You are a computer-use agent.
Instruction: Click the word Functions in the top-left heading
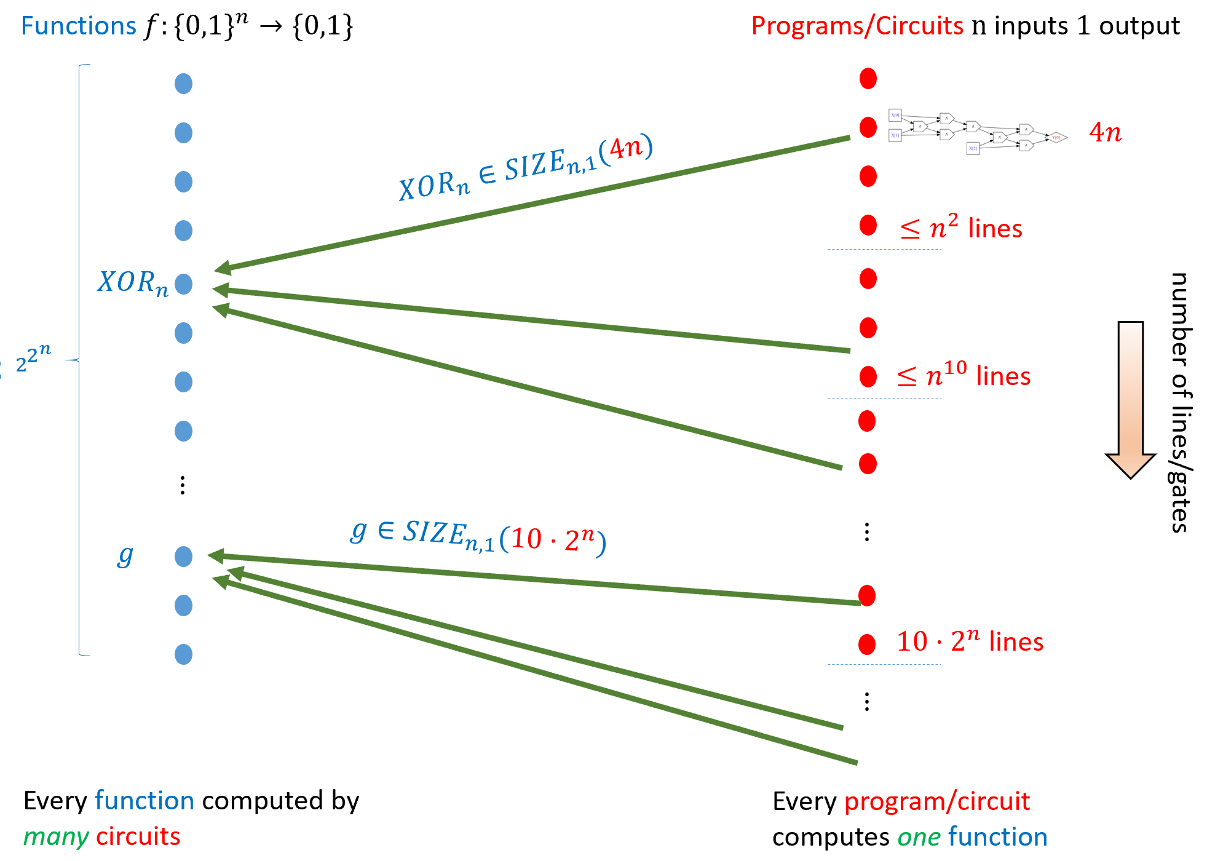pyautogui.click(x=78, y=26)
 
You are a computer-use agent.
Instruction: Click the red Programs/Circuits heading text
pyautogui.click(x=857, y=26)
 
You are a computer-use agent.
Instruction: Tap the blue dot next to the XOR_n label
pyautogui.click(x=183, y=284)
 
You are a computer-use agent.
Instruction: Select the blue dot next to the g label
pyautogui.click(x=183, y=557)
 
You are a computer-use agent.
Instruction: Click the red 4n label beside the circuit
pyautogui.click(x=1105, y=132)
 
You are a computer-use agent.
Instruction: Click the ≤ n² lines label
pyautogui.click(x=961, y=228)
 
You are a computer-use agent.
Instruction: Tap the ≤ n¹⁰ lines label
pyautogui.click(x=964, y=375)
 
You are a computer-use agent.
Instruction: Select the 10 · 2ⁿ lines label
pyautogui.click(x=970, y=641)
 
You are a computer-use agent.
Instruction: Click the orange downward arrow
pyautogui.click(x=1130, y=400)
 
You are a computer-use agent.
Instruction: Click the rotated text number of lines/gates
pyautogui.click(x=1180, y=403)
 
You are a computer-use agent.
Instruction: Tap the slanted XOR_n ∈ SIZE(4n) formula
pyautogui.click(x=526, y=167)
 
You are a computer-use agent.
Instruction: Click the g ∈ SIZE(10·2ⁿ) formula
pyautogui.click(x=478, y=536)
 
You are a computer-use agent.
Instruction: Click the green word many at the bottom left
pyautogui.click(x=56, y=837)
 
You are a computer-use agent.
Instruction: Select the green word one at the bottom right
pyautogui.click(x=919, y=837)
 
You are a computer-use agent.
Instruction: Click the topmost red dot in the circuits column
pyautogui.click(x=868, y=79)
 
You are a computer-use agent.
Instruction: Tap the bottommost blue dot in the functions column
pyautogui.click(x=183, y=654)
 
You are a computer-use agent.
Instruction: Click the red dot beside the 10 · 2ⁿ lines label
pyautogui.click(x=867, y=645)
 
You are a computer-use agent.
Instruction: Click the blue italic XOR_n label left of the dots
pyautogui.click(x=132, y=284)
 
